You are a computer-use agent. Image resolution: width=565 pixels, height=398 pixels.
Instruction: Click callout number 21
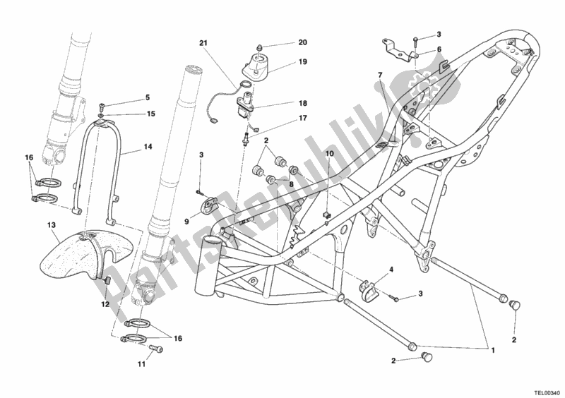coord(203,44)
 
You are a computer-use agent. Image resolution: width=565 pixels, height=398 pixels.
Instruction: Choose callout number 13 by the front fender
coord(51,226)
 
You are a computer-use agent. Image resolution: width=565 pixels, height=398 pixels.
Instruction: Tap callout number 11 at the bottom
coord(141,364)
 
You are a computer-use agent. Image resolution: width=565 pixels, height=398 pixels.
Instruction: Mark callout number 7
coord(379,76)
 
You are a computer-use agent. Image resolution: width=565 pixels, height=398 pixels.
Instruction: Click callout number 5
coord(148,97)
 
